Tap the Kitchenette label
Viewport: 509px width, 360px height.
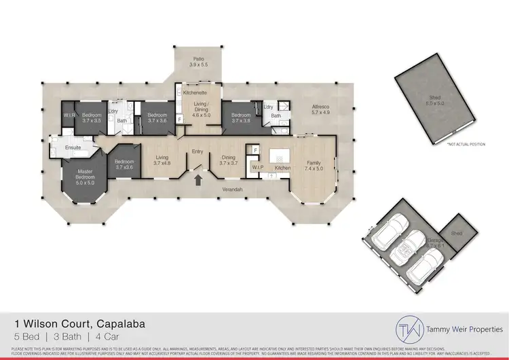(x=195, y=92)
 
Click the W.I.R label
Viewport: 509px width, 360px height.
(x=69, y=115)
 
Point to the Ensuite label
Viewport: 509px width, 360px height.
(x=73, y=147)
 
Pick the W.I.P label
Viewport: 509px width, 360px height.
(x=258, y=167)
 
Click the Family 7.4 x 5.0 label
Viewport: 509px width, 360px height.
(x=314, y=166)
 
